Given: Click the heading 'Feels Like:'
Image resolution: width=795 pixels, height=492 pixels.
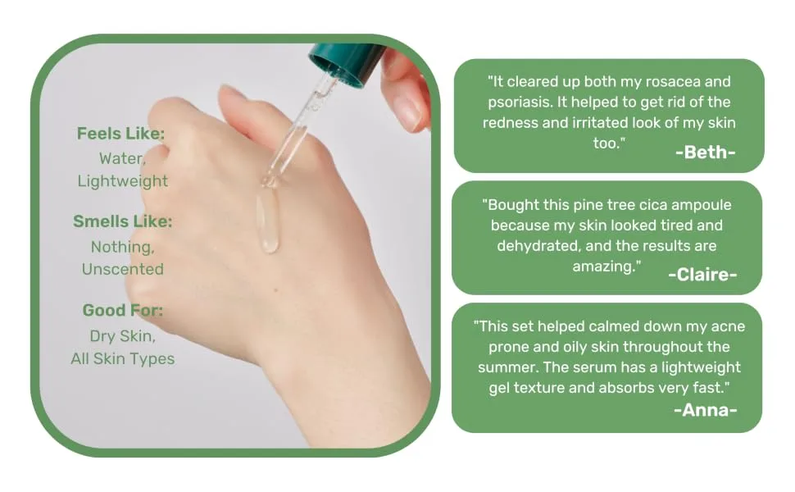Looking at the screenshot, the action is pos(120,134).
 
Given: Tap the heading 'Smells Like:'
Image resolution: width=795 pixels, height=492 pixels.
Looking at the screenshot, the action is pos(123,221).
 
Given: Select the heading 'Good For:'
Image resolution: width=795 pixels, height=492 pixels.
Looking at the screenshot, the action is pos(123,310).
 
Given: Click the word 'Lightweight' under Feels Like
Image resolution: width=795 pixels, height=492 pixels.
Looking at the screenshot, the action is pos(123,181).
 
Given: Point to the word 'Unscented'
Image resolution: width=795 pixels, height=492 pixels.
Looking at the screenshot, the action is pos(123,269).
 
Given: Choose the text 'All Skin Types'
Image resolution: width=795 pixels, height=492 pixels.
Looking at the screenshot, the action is pos(123,358).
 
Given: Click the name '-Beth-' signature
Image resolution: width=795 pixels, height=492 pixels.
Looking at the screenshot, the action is pos(706,153).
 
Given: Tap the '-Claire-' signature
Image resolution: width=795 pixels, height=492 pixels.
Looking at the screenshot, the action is pos(702,275).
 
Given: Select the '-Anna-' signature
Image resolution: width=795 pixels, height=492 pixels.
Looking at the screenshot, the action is pos(706,410).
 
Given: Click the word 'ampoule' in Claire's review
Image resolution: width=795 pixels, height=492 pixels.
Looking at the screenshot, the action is pos(702,205).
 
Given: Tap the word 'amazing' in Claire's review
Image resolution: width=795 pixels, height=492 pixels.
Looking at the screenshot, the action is pos(604,266).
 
